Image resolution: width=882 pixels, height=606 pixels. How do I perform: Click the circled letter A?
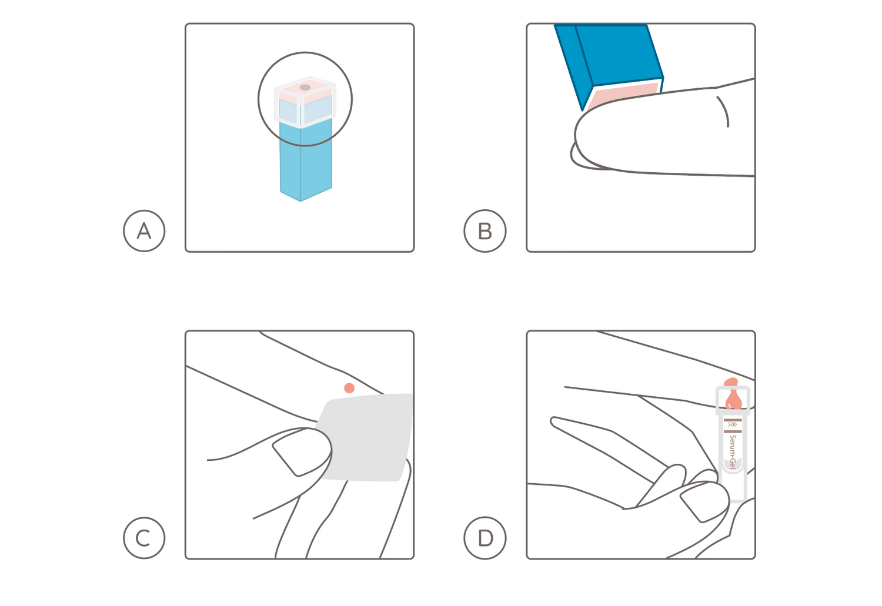coord(144,231)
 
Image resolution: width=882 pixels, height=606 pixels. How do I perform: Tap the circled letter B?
coord(485,231)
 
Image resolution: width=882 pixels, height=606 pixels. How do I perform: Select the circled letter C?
coord(144,538)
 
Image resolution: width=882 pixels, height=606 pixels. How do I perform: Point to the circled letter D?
coord(485,538)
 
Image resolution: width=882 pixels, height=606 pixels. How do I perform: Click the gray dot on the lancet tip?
coord(305,88)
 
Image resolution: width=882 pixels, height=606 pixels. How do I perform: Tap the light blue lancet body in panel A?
coord(306,159)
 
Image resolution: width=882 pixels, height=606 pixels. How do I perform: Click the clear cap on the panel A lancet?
coord(305,102)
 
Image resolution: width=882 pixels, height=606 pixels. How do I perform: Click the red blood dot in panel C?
coord(349,388)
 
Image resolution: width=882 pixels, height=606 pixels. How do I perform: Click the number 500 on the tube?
coord(733,424)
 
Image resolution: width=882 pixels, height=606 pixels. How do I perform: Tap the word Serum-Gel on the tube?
coord(733,452)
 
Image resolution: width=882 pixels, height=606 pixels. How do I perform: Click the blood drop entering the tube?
coord(733,396)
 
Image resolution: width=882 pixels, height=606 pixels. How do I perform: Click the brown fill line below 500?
coord(733,431)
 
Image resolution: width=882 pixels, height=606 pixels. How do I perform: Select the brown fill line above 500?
coord(733,420)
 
